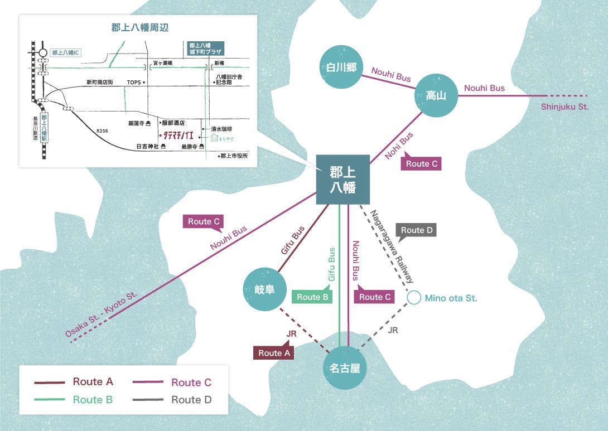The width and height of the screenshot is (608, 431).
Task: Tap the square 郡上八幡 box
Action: pos(343,179)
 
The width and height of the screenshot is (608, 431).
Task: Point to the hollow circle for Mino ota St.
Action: pos(414,298)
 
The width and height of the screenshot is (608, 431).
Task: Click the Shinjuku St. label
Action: pos(564,107)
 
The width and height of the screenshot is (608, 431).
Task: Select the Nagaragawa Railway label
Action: pos(394,246)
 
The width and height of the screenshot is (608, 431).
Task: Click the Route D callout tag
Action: pos(416,230)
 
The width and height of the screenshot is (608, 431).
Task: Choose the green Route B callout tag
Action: pos(312,297)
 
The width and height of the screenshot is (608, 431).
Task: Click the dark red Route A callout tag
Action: pos(274,352)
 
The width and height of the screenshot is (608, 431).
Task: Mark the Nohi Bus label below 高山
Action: pos(399,146)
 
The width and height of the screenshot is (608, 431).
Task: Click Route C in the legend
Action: pos(191,382)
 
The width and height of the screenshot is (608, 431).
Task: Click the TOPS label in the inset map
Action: pos(134,83)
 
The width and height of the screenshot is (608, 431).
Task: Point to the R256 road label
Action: pos(102,131)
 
